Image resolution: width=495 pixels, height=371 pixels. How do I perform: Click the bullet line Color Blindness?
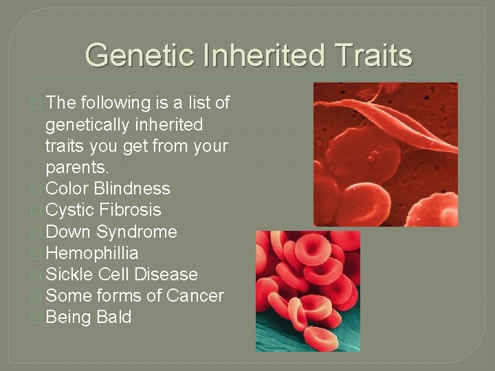pyautogui.click(x=107, y=189)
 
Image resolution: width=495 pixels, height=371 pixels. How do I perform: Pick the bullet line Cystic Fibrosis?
pyautogui.click(x=103, y=210)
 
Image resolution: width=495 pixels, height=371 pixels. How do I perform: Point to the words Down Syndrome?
pyautogui.click(x=111, y=232)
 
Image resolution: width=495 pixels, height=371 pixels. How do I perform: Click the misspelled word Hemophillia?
pyautogui.click(x=91, y=254)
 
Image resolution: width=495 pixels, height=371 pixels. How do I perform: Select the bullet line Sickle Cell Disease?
pyautogui.click(x=121, y=275)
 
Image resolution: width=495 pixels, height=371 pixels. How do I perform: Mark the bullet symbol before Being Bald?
pyautogui.click(x=36, y=318)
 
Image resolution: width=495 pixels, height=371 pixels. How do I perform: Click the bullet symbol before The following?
pyautogui.click(x=36, y=104)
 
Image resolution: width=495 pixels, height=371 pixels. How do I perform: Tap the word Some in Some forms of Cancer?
pyautogui.click(x=67, y=296)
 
